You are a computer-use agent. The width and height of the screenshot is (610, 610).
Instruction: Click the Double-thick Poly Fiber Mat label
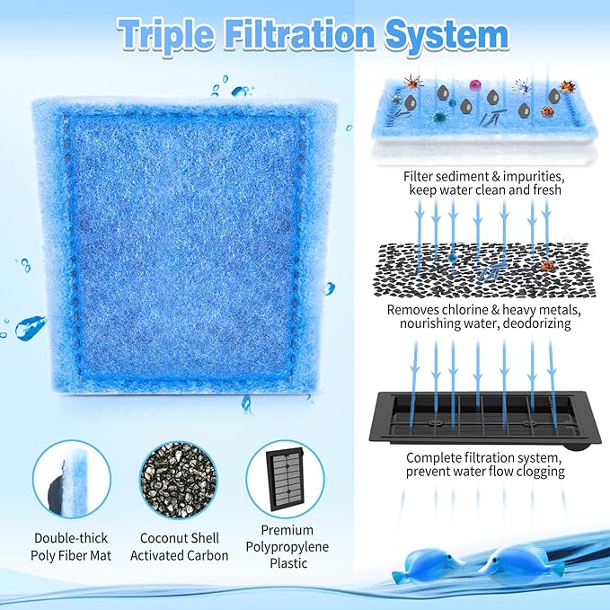point(72,546)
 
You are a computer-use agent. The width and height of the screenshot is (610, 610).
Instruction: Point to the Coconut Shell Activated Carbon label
point(179,546)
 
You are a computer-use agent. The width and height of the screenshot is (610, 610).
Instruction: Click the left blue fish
point(431,562)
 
